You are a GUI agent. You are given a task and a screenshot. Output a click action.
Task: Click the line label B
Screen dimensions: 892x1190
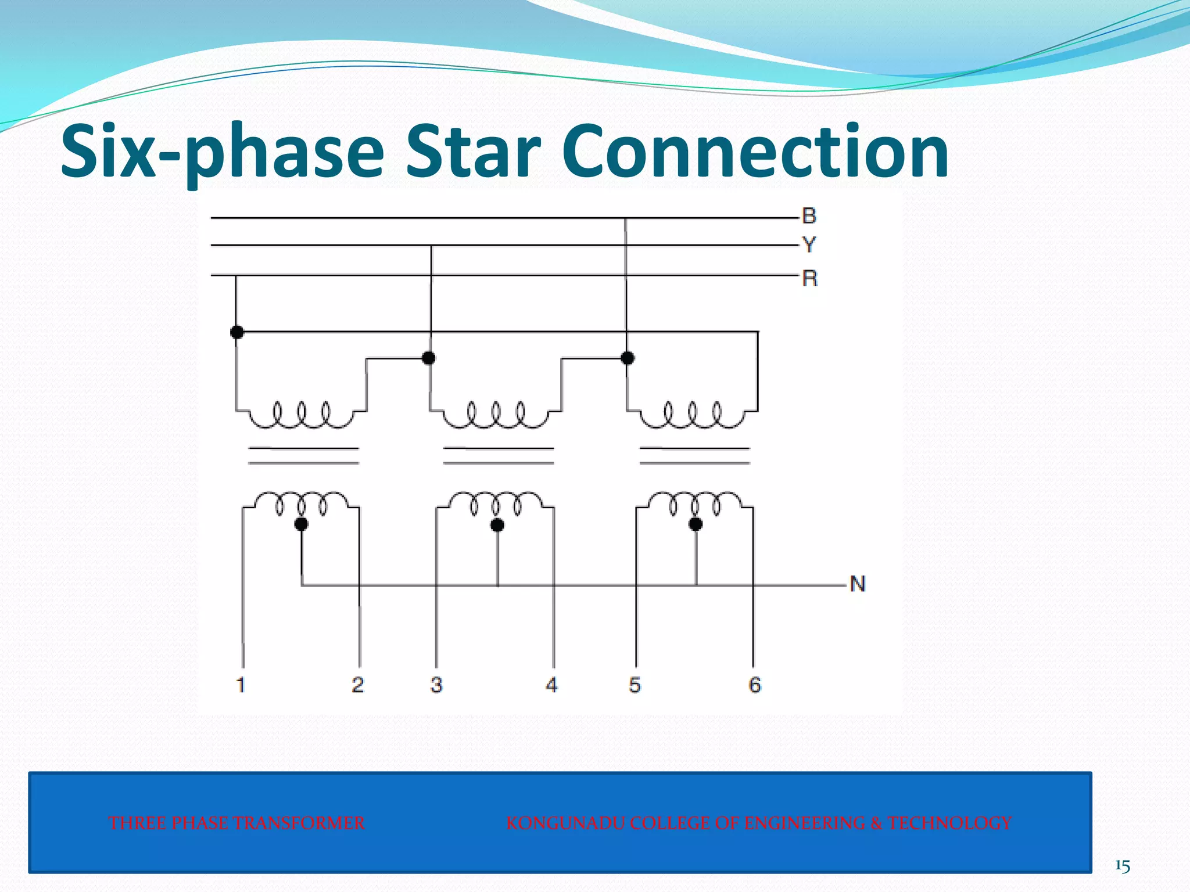coord(809,216)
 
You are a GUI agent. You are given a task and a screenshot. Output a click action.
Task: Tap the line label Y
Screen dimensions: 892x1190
coord(809,244)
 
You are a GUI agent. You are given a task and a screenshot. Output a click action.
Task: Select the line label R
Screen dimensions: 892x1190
coord(809,278)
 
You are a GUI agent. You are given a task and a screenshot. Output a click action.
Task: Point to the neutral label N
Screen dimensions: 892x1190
coord(858,584)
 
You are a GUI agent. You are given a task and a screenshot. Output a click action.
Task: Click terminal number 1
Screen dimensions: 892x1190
coord(241,685)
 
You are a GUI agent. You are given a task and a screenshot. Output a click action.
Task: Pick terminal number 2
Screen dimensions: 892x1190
coord(358,685)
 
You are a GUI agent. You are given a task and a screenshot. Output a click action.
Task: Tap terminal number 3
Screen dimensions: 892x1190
coord(436,685)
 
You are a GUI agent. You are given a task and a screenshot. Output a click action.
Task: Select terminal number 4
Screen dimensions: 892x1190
coord(552,685)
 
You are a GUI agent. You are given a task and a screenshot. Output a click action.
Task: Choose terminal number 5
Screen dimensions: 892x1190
coord(635,685)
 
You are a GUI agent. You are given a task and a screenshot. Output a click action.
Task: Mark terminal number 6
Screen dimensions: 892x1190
coord(754,685)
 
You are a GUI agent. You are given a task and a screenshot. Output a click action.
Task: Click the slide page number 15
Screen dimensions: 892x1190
coord(1122,866)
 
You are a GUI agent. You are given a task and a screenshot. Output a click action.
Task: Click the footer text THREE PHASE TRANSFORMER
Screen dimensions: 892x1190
coord(236,823)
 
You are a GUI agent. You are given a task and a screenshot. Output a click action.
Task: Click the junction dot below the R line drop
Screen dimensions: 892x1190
coord(236,332)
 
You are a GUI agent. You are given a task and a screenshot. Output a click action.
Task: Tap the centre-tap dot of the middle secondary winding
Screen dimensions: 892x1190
coord(497,525)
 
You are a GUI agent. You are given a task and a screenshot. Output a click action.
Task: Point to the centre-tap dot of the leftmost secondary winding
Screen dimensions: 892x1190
coord(301,524)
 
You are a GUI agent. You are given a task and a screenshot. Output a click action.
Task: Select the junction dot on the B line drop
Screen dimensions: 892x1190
coord(628,358)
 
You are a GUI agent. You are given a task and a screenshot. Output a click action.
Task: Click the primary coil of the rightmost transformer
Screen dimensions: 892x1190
coord(691,415)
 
